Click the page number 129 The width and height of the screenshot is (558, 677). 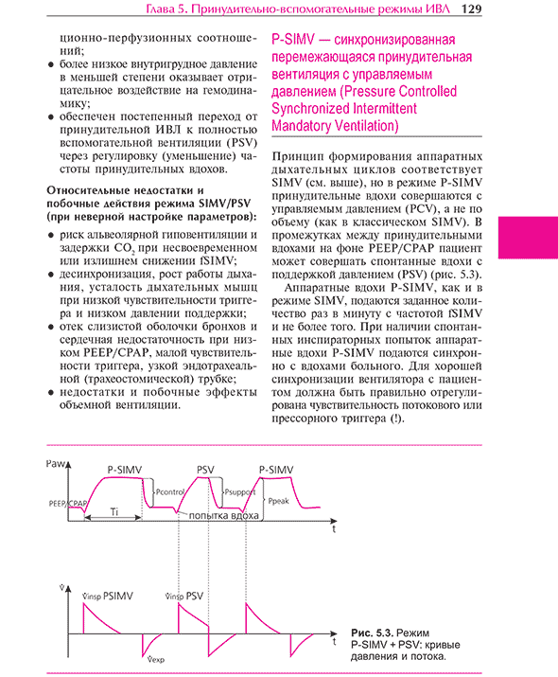471,9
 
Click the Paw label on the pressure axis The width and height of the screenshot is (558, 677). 55,464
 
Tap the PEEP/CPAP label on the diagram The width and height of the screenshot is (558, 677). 67,504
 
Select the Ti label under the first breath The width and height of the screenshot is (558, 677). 113,511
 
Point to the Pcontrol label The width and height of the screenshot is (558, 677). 170,491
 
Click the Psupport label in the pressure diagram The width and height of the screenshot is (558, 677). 240,492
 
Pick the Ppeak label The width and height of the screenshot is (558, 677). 278,501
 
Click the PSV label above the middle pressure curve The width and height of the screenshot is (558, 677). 205,470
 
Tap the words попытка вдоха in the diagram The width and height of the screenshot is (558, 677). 223,515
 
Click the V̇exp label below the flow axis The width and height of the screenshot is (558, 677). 156,659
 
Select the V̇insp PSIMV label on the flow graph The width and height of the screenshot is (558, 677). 108,597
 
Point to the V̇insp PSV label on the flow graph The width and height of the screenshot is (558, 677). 184,597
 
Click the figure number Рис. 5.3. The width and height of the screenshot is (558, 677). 372,632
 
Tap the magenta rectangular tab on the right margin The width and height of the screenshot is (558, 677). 528,238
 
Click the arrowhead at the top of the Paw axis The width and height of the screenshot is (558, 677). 68,465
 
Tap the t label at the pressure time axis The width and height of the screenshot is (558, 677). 334,529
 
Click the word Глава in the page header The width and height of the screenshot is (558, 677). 160,9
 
